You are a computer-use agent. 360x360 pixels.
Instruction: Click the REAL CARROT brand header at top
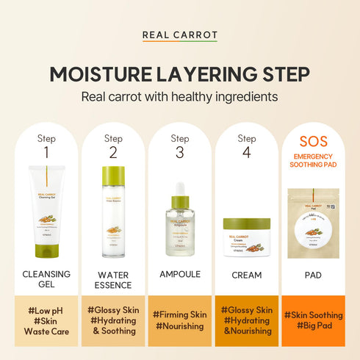179,35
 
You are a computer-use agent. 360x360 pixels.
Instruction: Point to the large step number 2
113,153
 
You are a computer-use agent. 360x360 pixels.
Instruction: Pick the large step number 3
180,153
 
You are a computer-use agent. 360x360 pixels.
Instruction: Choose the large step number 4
247,153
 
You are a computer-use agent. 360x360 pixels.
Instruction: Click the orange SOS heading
314,141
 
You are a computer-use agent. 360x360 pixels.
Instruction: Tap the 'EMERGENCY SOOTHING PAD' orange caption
314,160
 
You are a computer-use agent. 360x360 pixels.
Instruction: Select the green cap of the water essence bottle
113,176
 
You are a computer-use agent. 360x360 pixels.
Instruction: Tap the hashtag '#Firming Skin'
180,314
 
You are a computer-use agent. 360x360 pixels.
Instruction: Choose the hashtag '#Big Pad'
314,325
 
